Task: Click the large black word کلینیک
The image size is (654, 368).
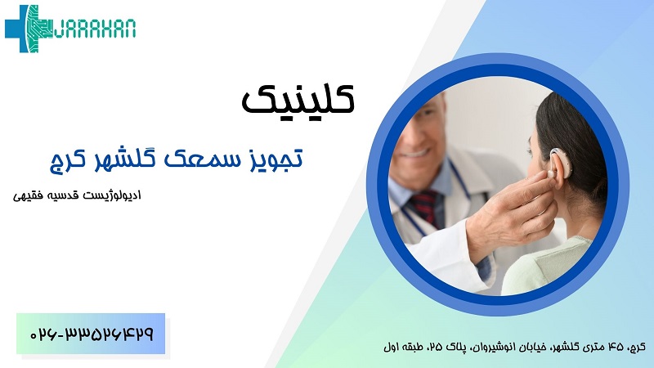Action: tap(298, 99)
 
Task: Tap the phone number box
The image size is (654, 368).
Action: tap(91, 334)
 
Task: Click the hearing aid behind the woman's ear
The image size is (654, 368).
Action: tap(558, 163)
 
